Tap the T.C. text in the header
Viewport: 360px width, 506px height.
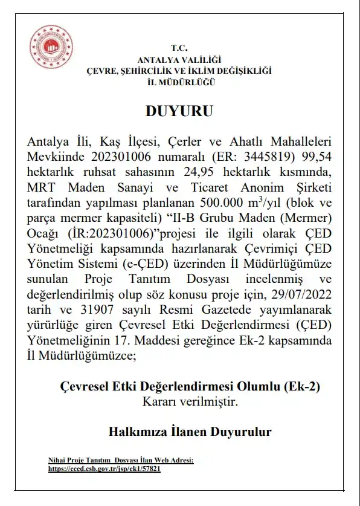pos(179,48)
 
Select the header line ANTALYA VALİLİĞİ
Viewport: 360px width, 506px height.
pos(179,59)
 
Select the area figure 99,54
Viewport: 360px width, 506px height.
pos(318,157)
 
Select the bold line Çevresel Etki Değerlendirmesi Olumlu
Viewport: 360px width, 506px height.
pos(189,386)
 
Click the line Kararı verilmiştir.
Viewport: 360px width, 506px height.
pos(179,400)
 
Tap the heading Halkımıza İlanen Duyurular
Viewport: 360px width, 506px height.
pos(190,432)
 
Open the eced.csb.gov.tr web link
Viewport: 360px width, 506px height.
pos(104,468)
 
